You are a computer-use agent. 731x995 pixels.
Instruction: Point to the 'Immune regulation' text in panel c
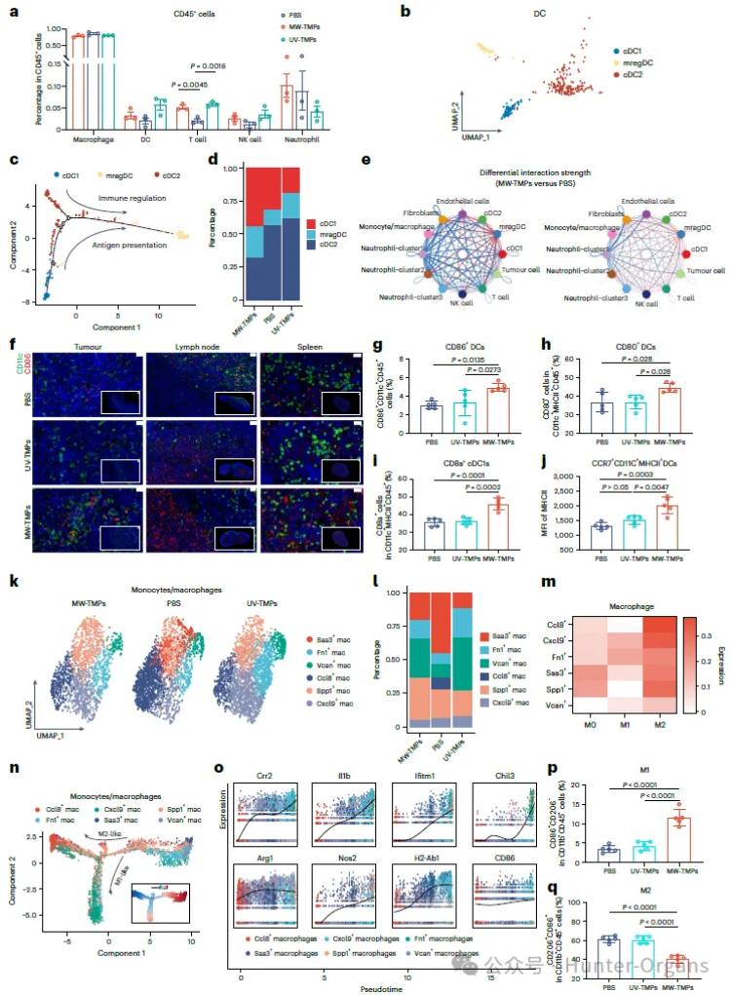point(133,197)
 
